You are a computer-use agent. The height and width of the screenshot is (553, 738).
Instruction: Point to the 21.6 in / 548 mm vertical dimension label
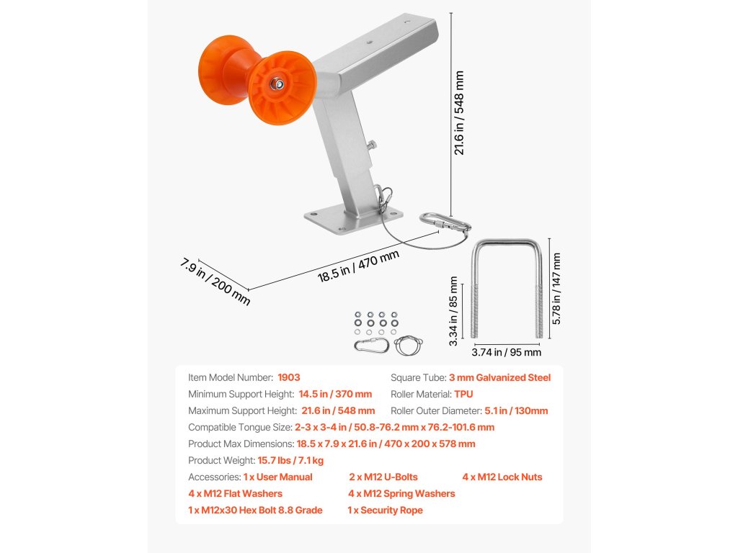(459, 112)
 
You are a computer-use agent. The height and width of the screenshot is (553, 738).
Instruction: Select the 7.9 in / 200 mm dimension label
(215, 282)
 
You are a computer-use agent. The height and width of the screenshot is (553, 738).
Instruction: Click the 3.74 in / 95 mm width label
(506, 353)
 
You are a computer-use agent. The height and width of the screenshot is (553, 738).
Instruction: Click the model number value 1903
(288, 377)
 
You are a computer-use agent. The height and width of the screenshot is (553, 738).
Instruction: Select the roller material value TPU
(463, 394)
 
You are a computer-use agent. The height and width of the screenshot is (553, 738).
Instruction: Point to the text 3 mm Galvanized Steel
(499, 377)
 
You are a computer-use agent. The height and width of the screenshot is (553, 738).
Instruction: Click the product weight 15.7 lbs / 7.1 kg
(290, 460)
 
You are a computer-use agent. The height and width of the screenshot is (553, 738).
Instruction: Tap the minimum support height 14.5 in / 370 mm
(334, 394)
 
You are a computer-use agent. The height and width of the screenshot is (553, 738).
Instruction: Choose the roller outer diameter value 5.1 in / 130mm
(516, 410)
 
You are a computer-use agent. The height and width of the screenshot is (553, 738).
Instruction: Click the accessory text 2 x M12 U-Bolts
(383, 477)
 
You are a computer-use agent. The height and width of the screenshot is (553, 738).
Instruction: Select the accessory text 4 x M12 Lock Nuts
(502, 477)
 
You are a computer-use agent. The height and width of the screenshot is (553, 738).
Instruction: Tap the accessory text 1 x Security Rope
(385, 510)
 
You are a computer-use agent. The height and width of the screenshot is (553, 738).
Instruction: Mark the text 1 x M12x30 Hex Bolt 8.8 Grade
(255, 510)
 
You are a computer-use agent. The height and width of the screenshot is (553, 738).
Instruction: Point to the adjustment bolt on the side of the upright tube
(372, 146)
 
